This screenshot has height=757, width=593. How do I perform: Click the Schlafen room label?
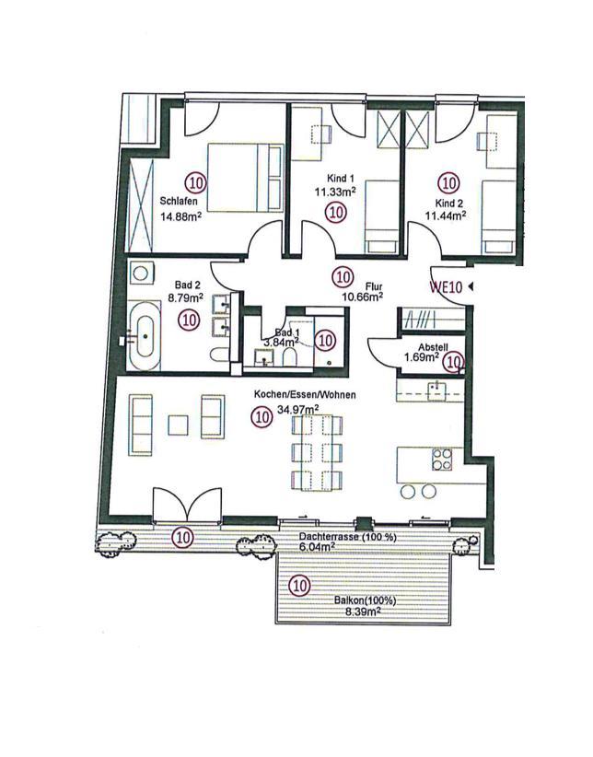179,202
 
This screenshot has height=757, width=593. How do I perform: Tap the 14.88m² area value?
180,215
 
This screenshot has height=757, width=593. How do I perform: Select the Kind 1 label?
337,179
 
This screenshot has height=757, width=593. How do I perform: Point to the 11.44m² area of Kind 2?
446,215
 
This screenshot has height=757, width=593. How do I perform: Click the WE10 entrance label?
447,286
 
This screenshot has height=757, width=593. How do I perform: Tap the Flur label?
374,286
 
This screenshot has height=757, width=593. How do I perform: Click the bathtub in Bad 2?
144,336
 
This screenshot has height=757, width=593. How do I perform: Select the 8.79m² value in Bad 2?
185,297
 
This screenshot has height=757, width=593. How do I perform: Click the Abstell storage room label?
433,347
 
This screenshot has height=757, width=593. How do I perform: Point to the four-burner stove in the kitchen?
442,460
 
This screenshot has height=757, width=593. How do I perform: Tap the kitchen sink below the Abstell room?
436,390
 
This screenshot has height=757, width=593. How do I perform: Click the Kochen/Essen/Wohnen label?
305,395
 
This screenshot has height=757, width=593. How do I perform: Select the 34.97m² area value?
298,410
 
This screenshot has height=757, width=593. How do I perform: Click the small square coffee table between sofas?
178,425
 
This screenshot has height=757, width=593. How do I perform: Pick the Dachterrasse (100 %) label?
348,537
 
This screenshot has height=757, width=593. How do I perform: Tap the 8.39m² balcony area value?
362,611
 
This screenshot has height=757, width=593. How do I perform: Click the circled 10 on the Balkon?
298,586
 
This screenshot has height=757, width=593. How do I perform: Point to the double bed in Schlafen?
245,177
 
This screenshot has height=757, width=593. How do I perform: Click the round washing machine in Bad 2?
141,274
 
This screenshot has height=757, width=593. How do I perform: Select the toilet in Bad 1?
290,357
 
